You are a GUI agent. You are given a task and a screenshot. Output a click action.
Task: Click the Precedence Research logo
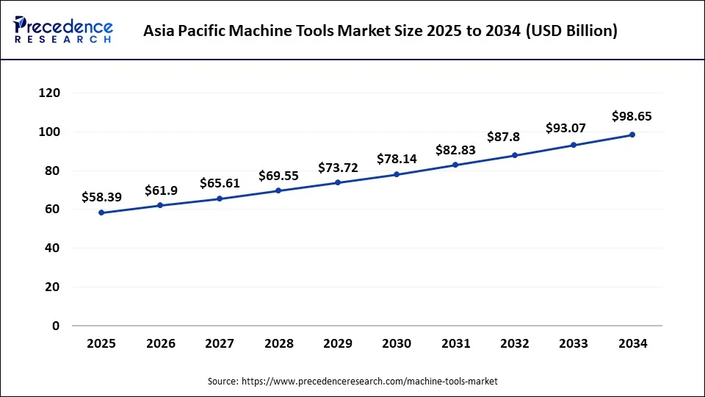[x=63, y=30]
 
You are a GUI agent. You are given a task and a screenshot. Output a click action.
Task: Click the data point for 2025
[x=101, y=212]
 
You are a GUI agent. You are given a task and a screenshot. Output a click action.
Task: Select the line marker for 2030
[x=397, y=174]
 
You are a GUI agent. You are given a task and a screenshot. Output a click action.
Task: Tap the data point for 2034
[x=632, y=135]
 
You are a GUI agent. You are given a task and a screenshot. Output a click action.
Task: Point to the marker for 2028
[x=278, y=190]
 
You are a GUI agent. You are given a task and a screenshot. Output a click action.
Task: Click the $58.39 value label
[x=101, y=197]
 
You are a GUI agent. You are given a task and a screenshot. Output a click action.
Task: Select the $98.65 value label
[x=632, y=116]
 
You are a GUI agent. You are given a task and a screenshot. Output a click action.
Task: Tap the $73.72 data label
[x=338, y=168]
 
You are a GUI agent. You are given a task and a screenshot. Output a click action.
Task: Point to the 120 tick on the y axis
[x=50, y=93]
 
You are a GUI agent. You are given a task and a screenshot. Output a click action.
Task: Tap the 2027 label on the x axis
[x=220, y=344]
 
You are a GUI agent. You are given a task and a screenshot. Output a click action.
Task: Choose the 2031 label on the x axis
[x=455, y=344]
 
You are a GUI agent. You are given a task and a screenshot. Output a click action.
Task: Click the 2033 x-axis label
[x=574, y=344]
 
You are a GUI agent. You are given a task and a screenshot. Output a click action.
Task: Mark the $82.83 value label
[x=455, y=149]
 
